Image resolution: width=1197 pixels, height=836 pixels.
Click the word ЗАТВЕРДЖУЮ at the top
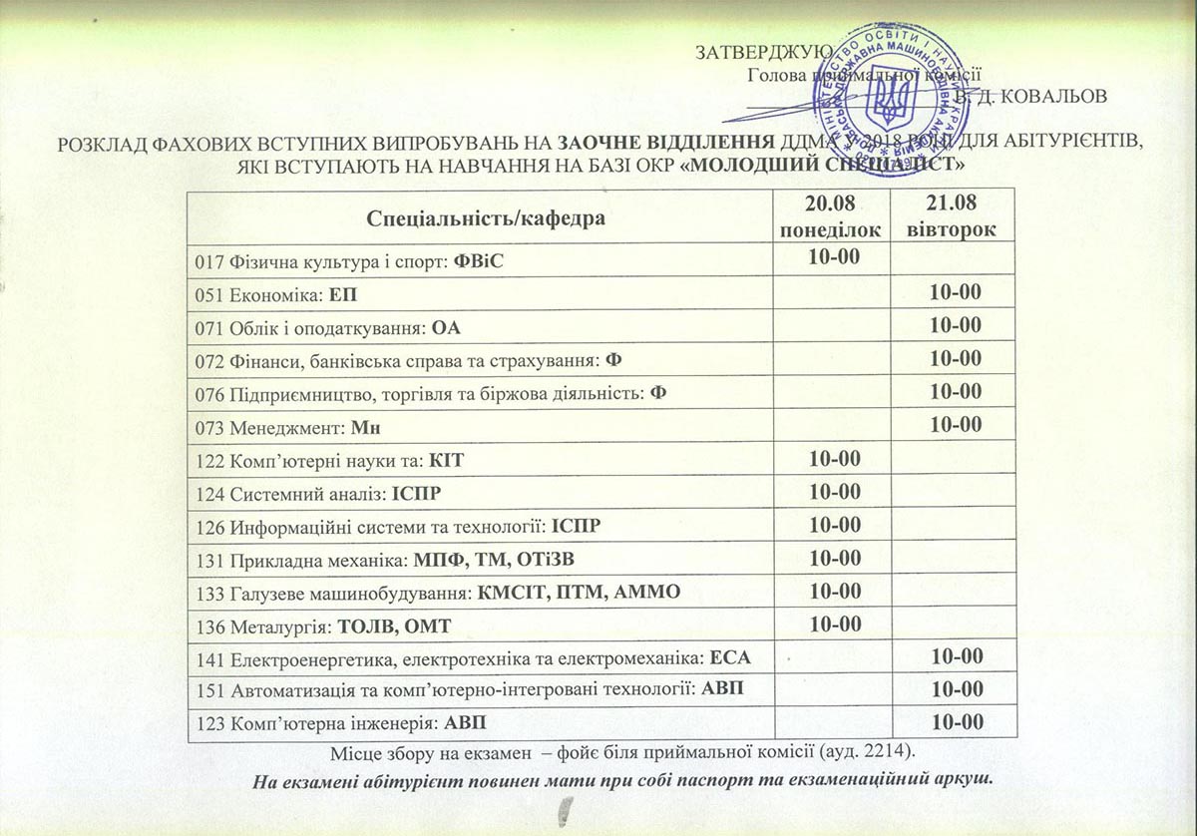tap(757, 52)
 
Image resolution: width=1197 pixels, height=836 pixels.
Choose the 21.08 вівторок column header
tap(954, 216)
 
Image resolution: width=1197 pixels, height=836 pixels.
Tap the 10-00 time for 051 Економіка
tap(955, 291)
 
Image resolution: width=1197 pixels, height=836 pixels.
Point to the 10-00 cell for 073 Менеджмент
tap(955, 425)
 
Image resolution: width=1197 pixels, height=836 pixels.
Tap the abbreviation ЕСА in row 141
tap(728, 657)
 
